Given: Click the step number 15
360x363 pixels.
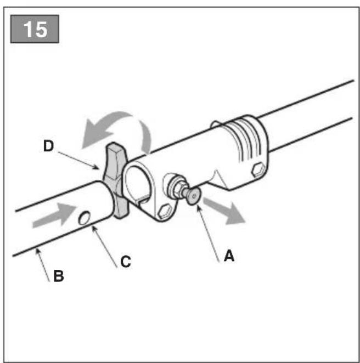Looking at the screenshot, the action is [x=36, y=29].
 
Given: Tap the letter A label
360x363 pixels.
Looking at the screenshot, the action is [x=229, y=256].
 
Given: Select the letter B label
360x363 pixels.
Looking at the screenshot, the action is [x=59, y=276].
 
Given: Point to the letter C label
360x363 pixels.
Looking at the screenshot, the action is [x=126, y=262].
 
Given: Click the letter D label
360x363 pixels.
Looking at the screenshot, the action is [x=48, y=146].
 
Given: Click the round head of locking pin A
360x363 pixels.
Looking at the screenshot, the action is [x=194, y=196].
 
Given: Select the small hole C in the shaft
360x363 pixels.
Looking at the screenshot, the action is [x=85, y=218].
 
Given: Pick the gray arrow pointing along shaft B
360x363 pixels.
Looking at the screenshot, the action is [x=54, y=215].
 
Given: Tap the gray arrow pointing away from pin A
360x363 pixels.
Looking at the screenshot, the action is [x=224, y=211].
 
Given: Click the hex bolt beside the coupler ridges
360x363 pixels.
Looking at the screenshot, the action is [x=258, y=169].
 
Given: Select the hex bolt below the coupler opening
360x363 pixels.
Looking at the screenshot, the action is [x=165, y=211].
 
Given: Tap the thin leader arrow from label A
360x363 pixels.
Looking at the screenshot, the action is [x=208, y=234].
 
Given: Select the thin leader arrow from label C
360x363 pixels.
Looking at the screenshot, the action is [x=104, y=247].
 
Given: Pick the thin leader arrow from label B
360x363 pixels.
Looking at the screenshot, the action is [x=42, y=265].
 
